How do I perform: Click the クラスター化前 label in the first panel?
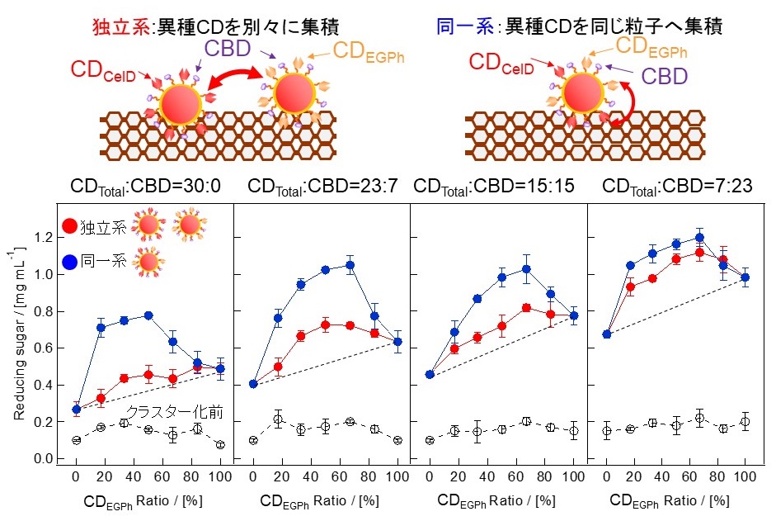click(x=175, y=412)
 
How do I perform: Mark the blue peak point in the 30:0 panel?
click(x=148, y=315)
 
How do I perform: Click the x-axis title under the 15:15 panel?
click(x=497, y=500)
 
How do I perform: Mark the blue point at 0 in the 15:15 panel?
click(x=429, y=374)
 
